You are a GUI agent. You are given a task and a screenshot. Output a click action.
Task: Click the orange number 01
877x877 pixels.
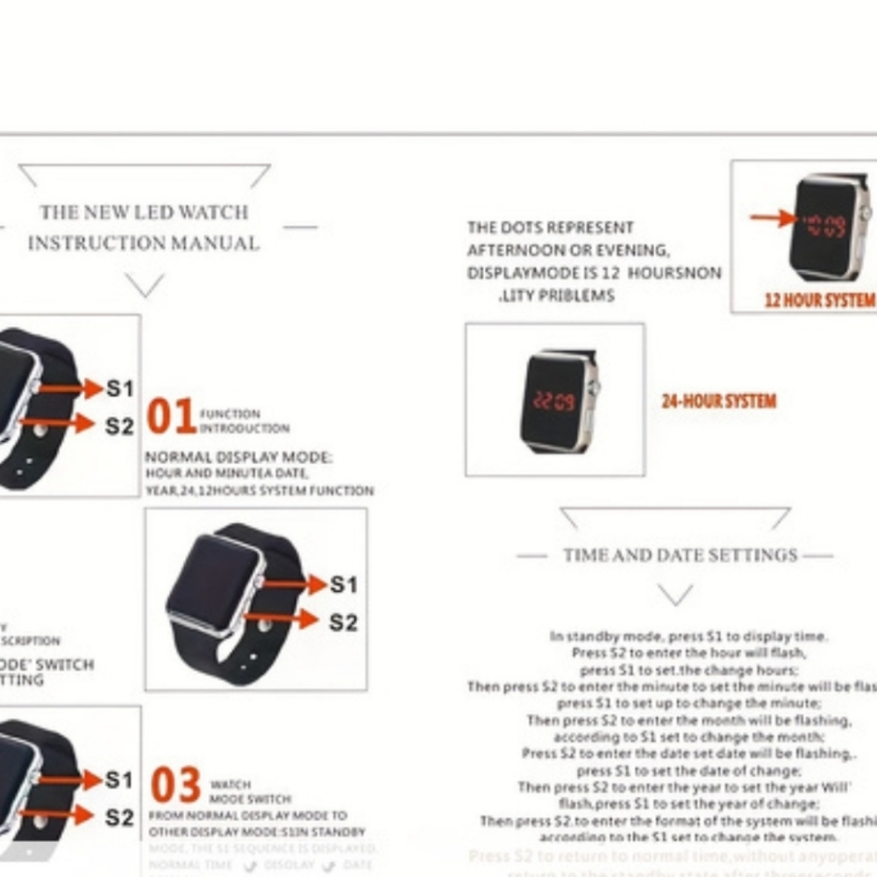click(170, 417)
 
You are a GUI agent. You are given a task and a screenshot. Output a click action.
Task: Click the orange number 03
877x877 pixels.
click(175, 787)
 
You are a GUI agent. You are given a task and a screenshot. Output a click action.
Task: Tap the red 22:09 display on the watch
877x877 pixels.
click(553, 402)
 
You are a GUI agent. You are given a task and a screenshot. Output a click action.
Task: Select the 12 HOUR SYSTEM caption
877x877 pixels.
click(819, 300)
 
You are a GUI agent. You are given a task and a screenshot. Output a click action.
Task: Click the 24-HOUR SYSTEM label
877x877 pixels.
click(718, 402)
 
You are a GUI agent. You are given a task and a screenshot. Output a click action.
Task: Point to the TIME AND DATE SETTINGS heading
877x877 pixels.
click(681, 555)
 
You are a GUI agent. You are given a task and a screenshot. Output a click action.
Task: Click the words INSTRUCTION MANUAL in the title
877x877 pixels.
click(144, 243)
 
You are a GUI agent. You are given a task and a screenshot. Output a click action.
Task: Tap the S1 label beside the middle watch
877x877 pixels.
click(343, 584)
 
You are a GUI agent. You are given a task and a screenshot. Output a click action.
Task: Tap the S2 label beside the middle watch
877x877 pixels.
click(343, 623)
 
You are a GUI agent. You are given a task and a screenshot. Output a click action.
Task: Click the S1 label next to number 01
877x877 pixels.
click(120, 388)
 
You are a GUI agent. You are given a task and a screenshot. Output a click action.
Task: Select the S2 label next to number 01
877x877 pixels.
click(120, 426)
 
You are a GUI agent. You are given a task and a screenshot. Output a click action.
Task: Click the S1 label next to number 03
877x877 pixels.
click(120, 779)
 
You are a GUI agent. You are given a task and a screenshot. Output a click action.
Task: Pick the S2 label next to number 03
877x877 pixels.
click(120, 817)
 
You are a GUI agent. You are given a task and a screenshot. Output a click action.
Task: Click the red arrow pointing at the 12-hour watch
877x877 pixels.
click(774, 218)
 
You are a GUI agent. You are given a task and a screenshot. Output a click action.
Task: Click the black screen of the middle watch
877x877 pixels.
click(213, 582)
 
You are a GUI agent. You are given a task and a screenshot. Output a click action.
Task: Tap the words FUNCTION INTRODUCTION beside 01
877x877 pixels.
click(244, 421)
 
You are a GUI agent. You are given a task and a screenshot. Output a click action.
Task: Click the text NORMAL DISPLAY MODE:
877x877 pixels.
click(239, 458)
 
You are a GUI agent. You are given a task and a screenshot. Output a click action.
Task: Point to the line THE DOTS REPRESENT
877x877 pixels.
click(550, 228)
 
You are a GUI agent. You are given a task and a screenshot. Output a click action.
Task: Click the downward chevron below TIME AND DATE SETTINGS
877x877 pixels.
click(675, 595)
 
